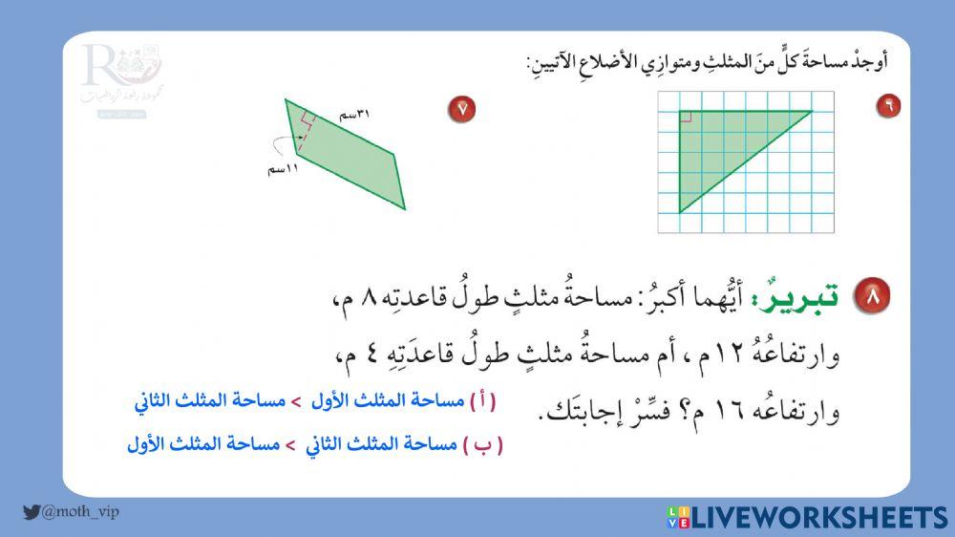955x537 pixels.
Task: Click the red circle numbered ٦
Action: tap(888, 106)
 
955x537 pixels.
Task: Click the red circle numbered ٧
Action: tap(462, 109)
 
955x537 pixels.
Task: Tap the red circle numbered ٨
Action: tap(870, 297)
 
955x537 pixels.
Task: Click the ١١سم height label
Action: tap(283, 169)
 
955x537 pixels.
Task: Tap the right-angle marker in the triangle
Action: tap(686, 118)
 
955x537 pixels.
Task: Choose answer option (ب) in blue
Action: tap(315, 444)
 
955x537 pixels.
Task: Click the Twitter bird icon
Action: tap(32, 512)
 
